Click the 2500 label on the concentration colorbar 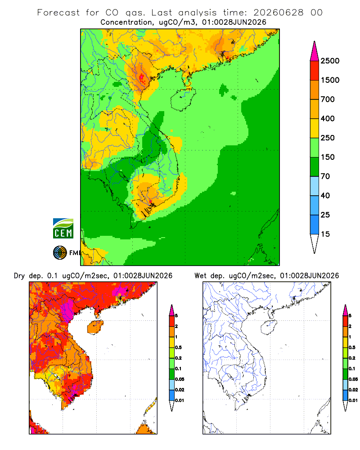(330, 61)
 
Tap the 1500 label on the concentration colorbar (330, 80)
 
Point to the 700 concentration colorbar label (328, 99)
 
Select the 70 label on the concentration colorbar (325, 176)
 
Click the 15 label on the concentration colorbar (325, 234)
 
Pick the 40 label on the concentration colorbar (325, 195)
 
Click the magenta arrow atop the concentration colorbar (315, 52)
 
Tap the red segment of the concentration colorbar (315, 71)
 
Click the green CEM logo (63, 228)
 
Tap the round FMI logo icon (60, 252)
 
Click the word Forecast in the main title (58, 13)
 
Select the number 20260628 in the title (279, 13)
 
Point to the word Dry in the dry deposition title (19, 276)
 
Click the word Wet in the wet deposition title (200, 276)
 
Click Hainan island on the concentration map (183, 99)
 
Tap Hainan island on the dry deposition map (95, 327)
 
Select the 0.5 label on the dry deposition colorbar (178, 347)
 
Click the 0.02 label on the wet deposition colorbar (353, 390)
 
